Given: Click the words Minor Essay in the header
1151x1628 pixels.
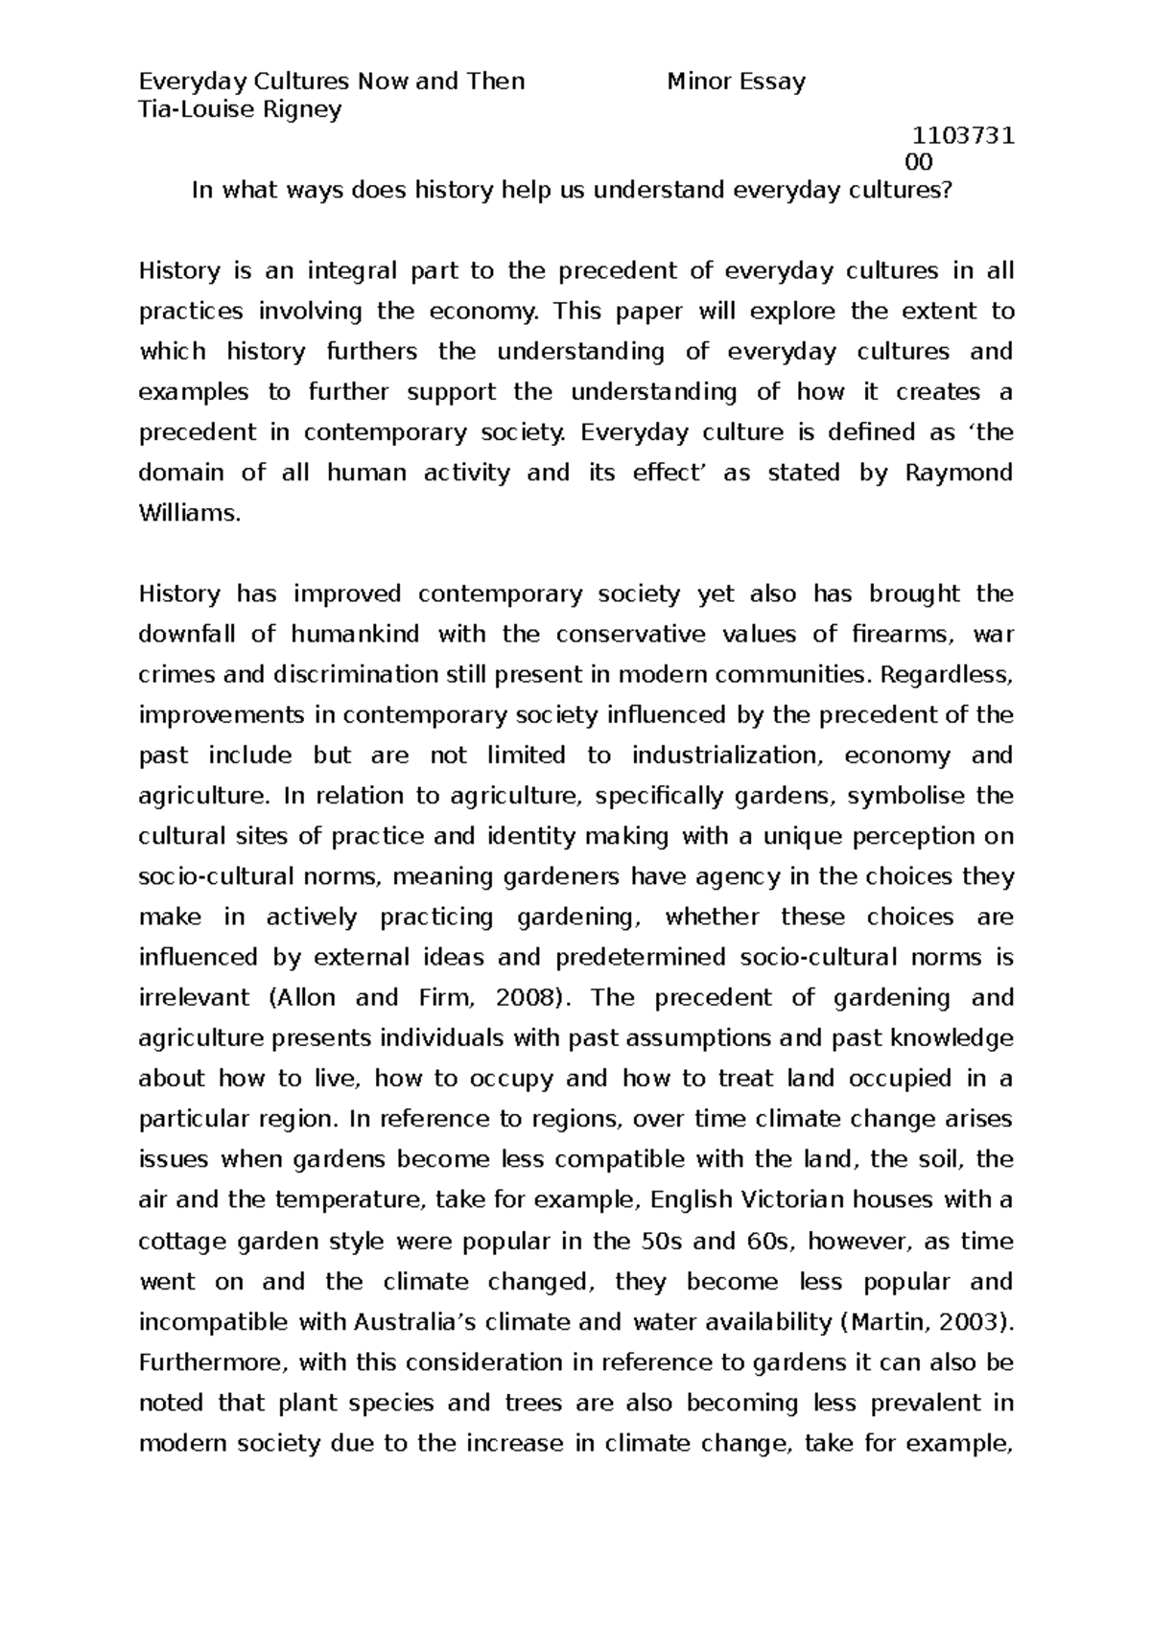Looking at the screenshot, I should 736,81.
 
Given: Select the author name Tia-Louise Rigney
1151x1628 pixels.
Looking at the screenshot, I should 240,109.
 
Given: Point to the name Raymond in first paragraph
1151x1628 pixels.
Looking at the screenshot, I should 958,473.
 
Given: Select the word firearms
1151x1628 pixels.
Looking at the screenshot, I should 904,635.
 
